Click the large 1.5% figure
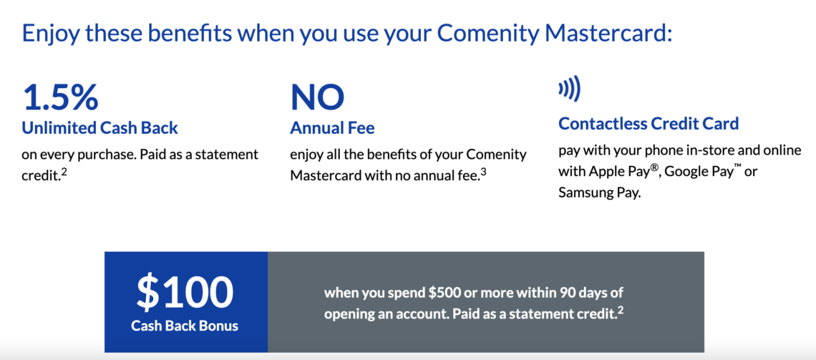pyautogui.click(x=60, y=98)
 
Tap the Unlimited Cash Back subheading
pyautogui.click(x=100, y=128)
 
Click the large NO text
pyautogui.click(x=317, y=98)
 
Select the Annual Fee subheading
pyautogui.click(x=332, y=128)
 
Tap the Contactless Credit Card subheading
pyautogui.click(x=649, y=123)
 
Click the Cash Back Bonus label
pyautogui.click(x=185, y=326)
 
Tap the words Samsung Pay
pyautogui.click(x=599, y=193)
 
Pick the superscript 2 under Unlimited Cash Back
pyautogui.click(x=64, y=170)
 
